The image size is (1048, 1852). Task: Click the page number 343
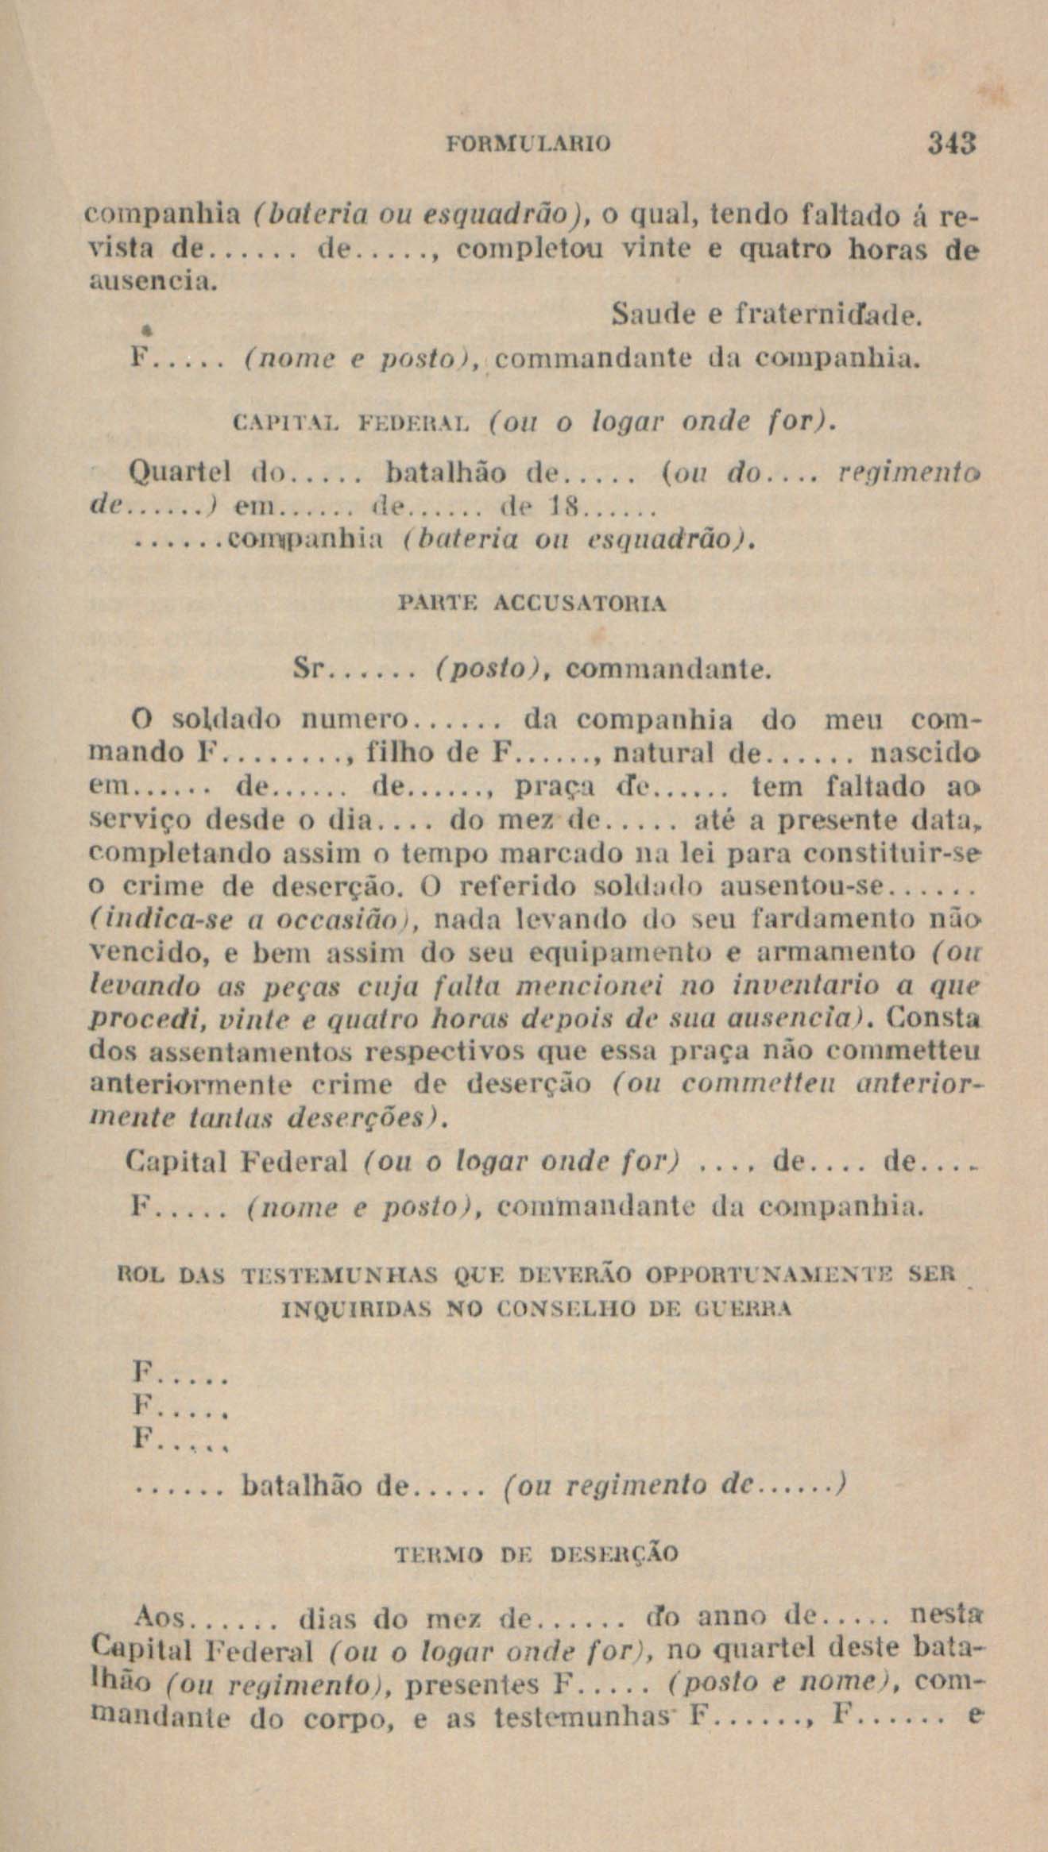point(949,145)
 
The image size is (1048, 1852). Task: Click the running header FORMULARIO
point(530,145)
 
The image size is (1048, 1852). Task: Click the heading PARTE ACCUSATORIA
point(531,603)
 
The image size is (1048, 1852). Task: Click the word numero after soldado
point(355,720)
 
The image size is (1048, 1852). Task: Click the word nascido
point(926,751)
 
